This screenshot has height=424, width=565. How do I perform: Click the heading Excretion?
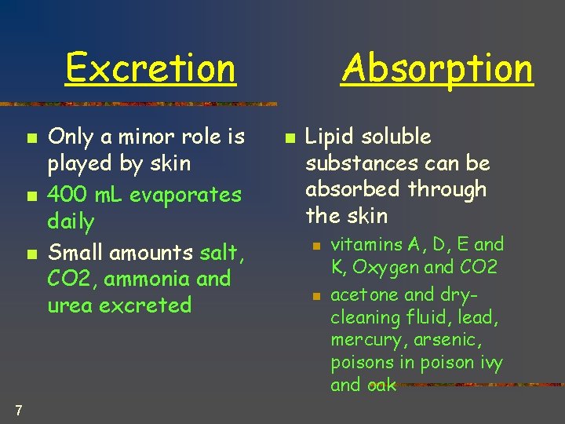(150, 68)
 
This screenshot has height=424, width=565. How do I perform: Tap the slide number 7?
(17, 409)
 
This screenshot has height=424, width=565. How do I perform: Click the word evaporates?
(185, 194)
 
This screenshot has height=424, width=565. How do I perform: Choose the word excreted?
(148, 305)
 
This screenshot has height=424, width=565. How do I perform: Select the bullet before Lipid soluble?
(288, 138)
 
